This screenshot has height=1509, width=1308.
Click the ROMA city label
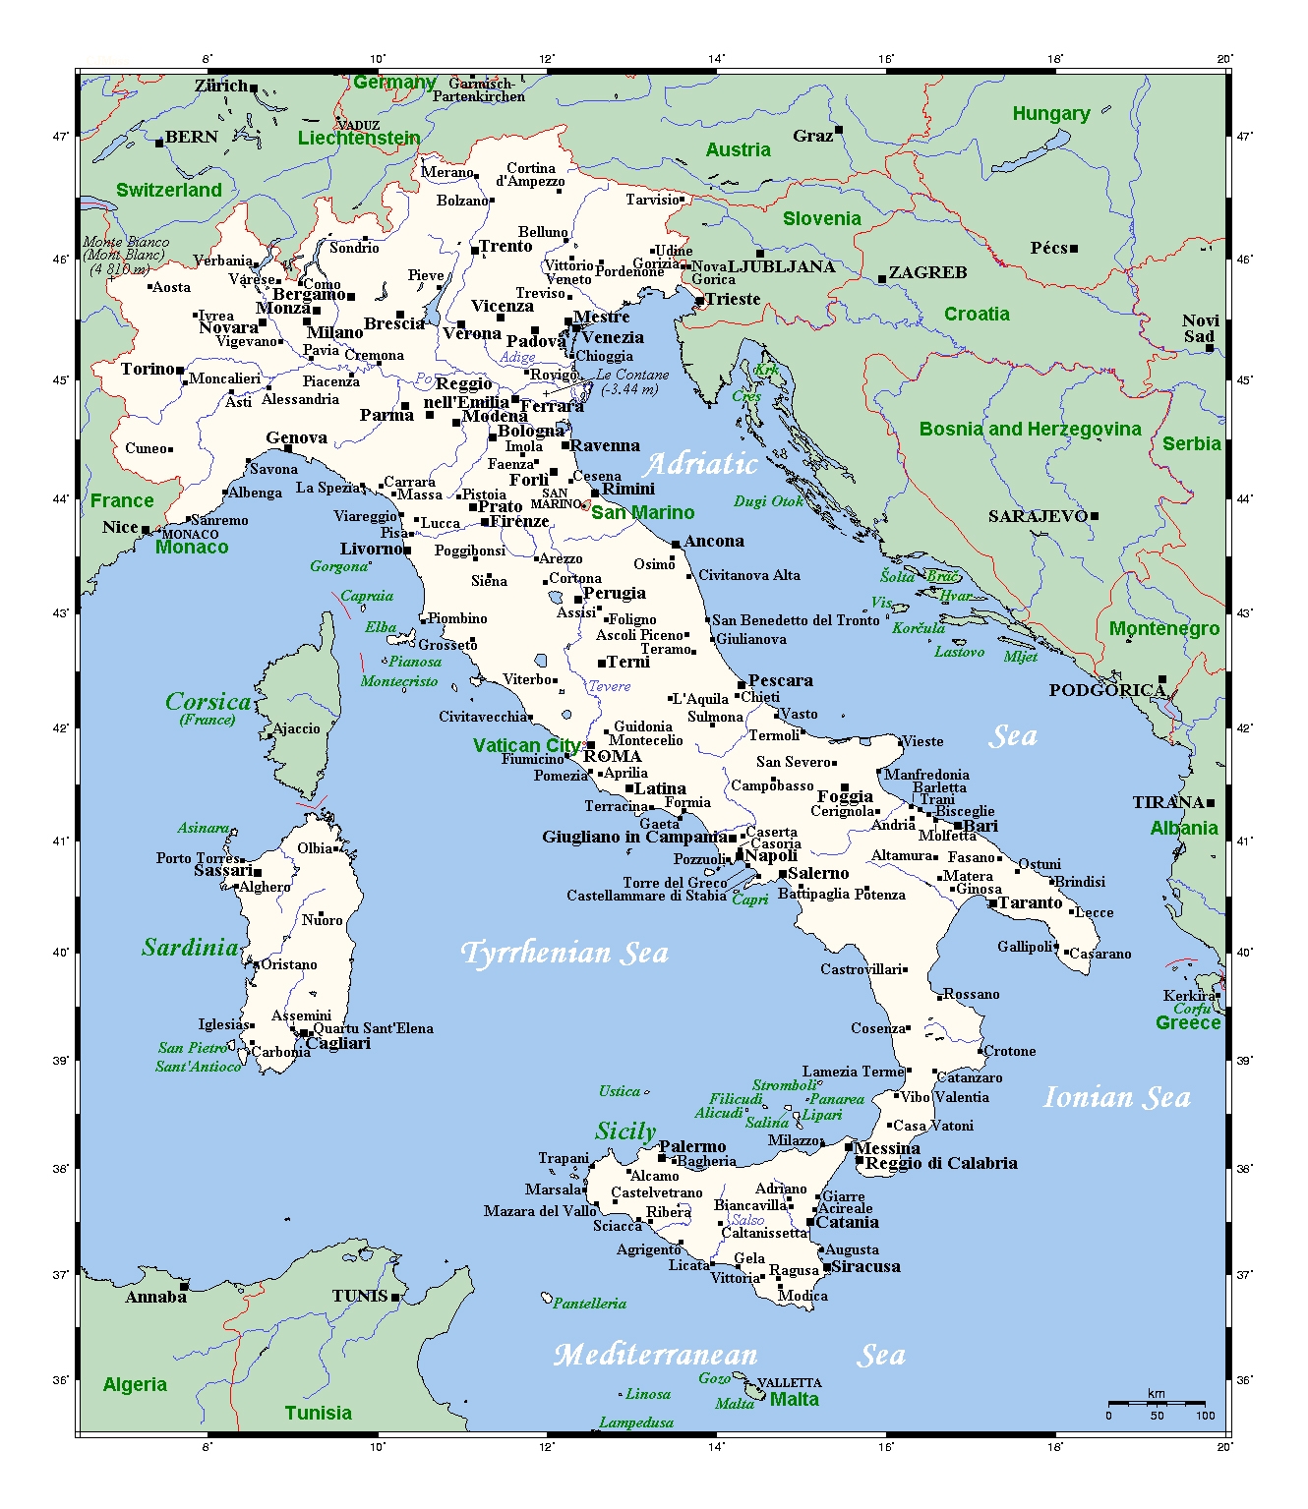tap(613, 756)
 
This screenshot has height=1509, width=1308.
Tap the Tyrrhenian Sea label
tap(565, 953)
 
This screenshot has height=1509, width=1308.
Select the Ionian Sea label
tap(1116, 1097)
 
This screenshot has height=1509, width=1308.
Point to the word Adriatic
tap(700, 464)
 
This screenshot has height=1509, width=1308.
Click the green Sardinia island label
tap(191, 948)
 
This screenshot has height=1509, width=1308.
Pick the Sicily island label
tap(624, 1132)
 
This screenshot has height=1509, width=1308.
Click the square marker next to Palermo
tap(662, 1158)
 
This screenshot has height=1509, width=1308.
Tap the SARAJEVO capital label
tap(1038, 516)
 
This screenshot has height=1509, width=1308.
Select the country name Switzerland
tap(169, 190)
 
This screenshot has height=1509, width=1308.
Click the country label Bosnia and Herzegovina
tap(1030, 429)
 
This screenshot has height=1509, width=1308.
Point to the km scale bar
tap(1157, 1403)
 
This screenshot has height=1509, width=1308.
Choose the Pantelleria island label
tap(589, 1304)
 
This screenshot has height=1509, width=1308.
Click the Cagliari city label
tap(338, 1043)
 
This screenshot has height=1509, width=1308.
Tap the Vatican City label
tap(526, 745)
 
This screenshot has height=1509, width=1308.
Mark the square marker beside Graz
tap(839, 130)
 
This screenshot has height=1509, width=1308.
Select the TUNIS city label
tap(360, 1296)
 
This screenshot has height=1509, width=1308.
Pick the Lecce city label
tap(1094, 912)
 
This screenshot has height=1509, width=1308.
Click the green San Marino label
tap(642, 512)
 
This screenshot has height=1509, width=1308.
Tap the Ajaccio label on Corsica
tap(296, 728)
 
